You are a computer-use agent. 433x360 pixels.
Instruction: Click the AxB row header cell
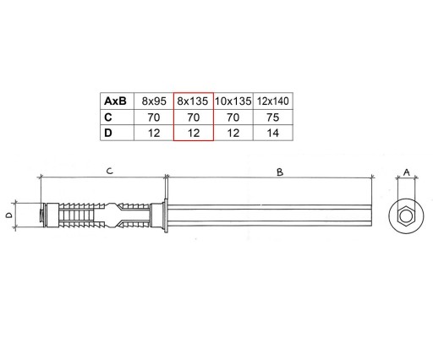117,101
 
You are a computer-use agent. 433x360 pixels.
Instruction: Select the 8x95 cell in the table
154,101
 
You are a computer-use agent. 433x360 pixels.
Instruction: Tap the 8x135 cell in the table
194,101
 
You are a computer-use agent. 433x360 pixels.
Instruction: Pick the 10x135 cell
233,101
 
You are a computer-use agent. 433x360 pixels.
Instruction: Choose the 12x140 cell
273,101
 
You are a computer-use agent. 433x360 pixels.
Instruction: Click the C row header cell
117,117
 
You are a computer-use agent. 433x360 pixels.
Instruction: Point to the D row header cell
117,133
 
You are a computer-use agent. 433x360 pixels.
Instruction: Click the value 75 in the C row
273,117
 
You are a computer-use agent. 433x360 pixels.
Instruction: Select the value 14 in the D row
273,133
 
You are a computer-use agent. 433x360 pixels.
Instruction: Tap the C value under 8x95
154,117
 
